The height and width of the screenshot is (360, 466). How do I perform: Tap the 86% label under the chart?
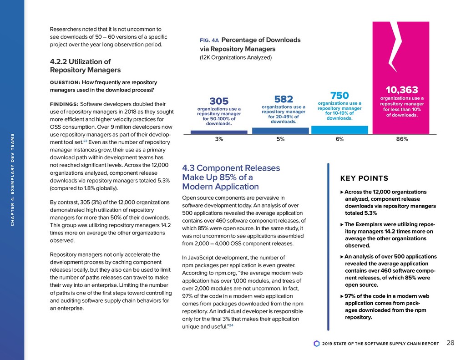click(402, 139)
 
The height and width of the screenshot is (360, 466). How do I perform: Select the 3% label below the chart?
click(219, 139)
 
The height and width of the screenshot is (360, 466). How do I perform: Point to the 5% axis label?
click(280, 139)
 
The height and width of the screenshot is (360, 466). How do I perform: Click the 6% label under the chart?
click(339, 139)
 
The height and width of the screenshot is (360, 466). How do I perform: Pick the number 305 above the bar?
click(219, 101)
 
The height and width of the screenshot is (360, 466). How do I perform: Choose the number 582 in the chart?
click(284, 99)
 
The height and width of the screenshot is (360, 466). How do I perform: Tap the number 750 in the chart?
click(339, 95)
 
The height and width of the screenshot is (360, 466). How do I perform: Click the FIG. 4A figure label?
click(210, 41)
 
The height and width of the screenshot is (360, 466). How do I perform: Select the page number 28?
click(451, 343)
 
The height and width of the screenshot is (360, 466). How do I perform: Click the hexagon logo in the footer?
click(317, 343)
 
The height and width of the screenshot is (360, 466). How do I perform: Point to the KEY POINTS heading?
click(364, 178)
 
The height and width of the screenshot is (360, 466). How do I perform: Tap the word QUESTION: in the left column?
click(65, 82)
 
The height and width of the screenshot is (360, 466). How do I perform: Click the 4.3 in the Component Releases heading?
click(189, 168)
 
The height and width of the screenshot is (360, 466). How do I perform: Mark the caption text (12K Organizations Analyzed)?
click(236, 58)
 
